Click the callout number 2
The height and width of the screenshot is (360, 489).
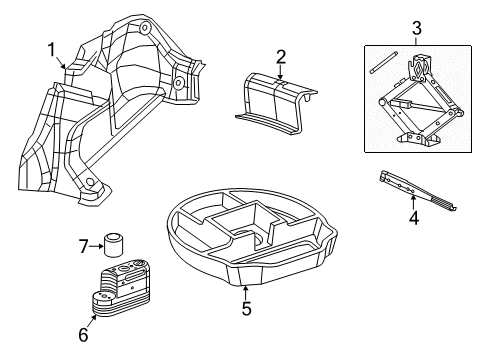(x=281, y=56)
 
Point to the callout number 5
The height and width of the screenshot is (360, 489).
(x=244, y=308)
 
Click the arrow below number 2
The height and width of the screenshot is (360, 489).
(x=281, y=72)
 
